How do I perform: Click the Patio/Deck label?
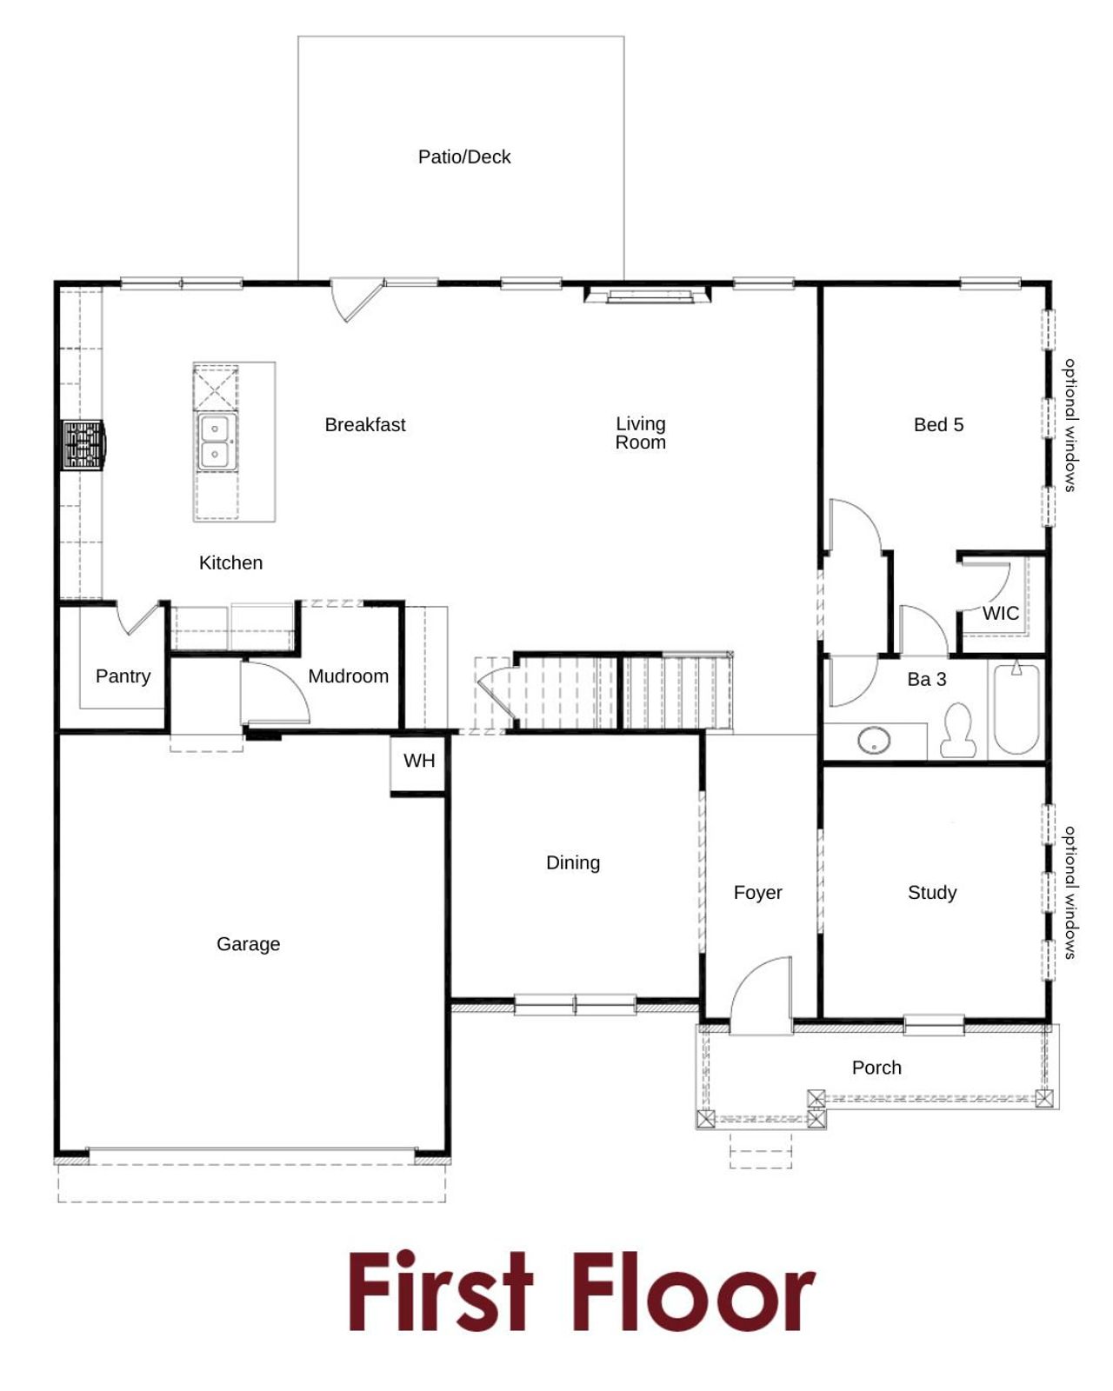[464, 156]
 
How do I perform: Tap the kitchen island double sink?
[215, 442]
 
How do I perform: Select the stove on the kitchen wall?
[83, 445]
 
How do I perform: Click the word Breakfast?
[365, 424]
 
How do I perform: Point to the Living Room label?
[641, 433]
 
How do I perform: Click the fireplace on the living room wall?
[649, 296]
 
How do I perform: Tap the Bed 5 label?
[938, 424]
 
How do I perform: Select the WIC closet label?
[1000, 613]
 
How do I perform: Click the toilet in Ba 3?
[957, 730]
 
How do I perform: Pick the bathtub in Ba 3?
[1016, 709]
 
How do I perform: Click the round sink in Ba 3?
[873, 741]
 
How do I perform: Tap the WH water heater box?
[419, 762]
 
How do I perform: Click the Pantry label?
[123, 676]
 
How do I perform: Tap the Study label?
[932, 892]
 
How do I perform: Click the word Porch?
[876, 1068]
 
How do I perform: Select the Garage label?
[248, 943]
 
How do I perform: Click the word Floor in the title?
[693, 1293]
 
